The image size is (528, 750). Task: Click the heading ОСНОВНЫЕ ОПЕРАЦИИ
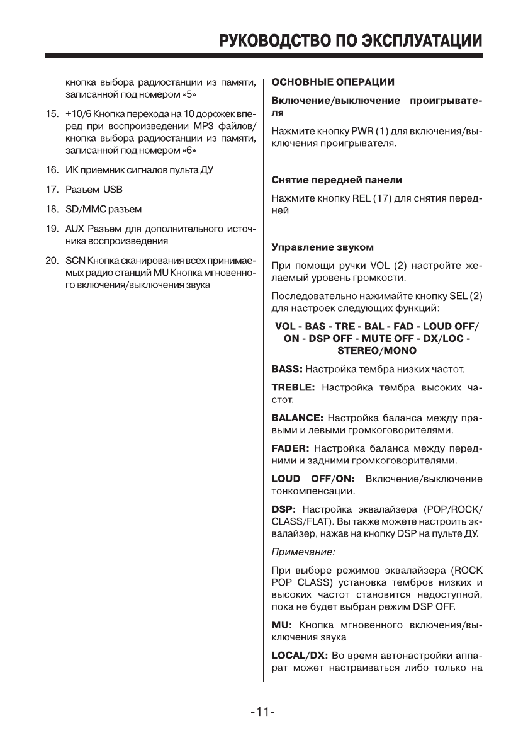(x=332, y=82)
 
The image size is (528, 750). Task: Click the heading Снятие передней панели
(x=336, y=180)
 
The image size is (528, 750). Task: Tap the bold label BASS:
(x=290, y=368)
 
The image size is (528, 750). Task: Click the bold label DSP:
(x=284, y=509)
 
